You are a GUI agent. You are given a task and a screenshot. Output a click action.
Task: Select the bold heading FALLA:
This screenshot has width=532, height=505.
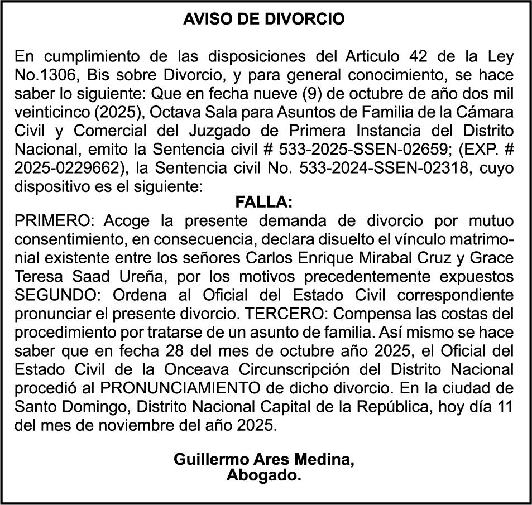coord(264,201)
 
